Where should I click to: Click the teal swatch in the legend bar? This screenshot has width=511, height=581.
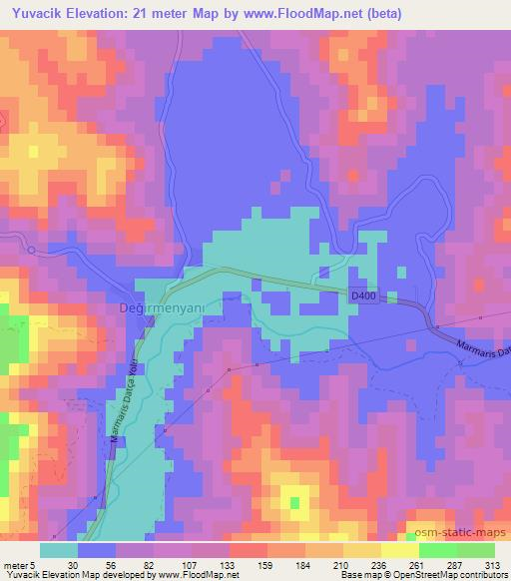click(60, 550)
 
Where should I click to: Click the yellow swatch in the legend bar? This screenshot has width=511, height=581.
click(399, 550)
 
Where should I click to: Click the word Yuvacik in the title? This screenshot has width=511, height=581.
click(37, 12)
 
